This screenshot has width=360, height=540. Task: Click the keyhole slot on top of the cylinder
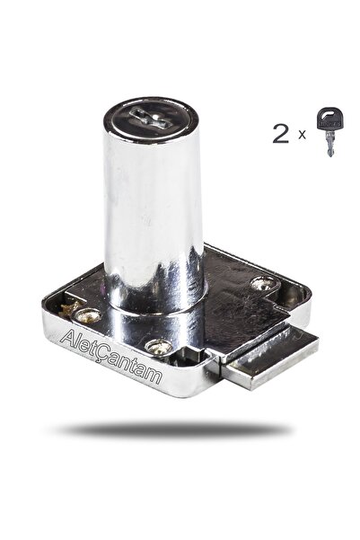149,118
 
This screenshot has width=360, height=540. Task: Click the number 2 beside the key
280,134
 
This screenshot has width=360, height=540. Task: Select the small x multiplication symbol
302,135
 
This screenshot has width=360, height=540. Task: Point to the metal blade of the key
330,145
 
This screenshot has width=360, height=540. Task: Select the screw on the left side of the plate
88,315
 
